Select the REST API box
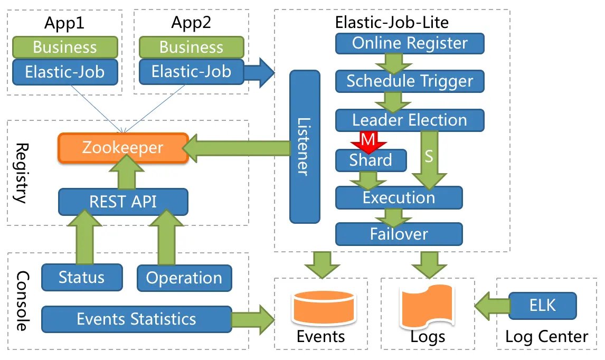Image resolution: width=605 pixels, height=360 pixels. point(122,201)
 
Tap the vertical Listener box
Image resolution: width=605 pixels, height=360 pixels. point(305,147)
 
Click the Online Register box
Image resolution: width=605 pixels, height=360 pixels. point(410,43)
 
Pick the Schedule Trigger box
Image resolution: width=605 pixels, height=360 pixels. point(410,81)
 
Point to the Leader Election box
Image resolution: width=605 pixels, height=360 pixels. point(410,120)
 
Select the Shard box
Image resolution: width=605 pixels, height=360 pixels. point(371,160)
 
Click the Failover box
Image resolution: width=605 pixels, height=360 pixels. point(399,233)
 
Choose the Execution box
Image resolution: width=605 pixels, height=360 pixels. point(399,197)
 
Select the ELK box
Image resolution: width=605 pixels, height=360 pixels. point(542,305)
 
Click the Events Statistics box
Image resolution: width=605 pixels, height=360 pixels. point(136,319)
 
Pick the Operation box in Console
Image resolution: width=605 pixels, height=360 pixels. point(184,278)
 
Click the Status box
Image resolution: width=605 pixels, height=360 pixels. point(81,277)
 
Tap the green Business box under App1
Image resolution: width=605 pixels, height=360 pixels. point(64,47)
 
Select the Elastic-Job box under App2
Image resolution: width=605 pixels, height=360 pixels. point(191,71)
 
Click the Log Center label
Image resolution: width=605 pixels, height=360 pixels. point(546,337)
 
